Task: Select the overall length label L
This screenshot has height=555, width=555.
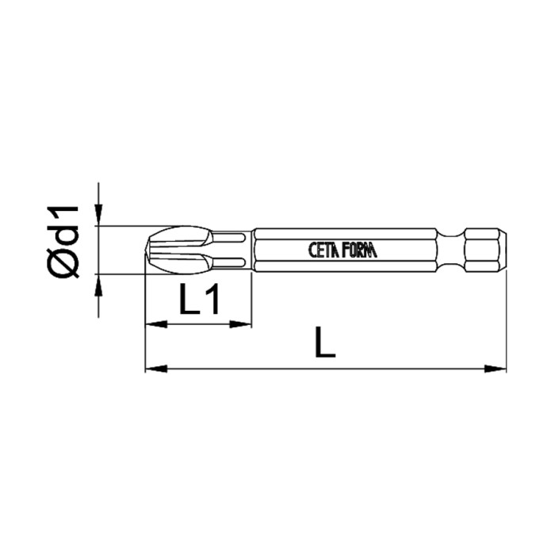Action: (324, 345)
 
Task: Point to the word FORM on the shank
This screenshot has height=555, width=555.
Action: (362, 250)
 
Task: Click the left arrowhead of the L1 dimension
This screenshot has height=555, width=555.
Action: (152, 323)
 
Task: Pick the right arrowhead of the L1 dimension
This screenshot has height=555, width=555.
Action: (244, 323)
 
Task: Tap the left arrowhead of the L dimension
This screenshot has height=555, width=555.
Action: (152, 369)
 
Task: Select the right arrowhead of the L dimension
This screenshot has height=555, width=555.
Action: (499, 369)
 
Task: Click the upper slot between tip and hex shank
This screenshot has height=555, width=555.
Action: (232, 236)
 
